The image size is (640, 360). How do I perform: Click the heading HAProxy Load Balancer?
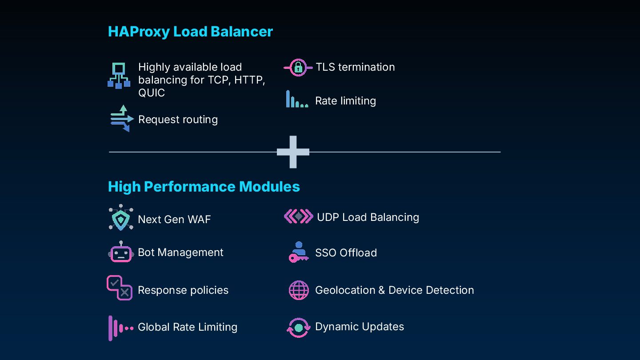tap(190, 32)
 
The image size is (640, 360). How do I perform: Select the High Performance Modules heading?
tap(204, 187)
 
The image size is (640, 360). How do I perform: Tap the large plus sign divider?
tap(293, 152)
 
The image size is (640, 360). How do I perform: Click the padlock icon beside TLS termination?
tap(298, 68)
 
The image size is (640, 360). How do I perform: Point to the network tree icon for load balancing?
tap(119, 76)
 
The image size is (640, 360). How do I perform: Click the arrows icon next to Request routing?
tap(122, 119)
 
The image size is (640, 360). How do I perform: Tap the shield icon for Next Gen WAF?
tap(121, 218)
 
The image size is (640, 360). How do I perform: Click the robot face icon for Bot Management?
tap(121, 252)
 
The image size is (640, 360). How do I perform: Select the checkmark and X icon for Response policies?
tap(120, 288)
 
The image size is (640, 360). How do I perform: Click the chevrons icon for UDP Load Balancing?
tap(298, 217)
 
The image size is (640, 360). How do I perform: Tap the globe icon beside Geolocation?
tap(299, 290)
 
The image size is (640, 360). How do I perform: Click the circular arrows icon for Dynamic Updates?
tap(298, 327)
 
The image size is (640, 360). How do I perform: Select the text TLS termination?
tap(355, 67)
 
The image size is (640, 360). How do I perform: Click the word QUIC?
tap(152, 93)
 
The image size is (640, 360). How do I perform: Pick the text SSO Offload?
tap(346, 253)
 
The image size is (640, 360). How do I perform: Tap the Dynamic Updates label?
tap(359, 327)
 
